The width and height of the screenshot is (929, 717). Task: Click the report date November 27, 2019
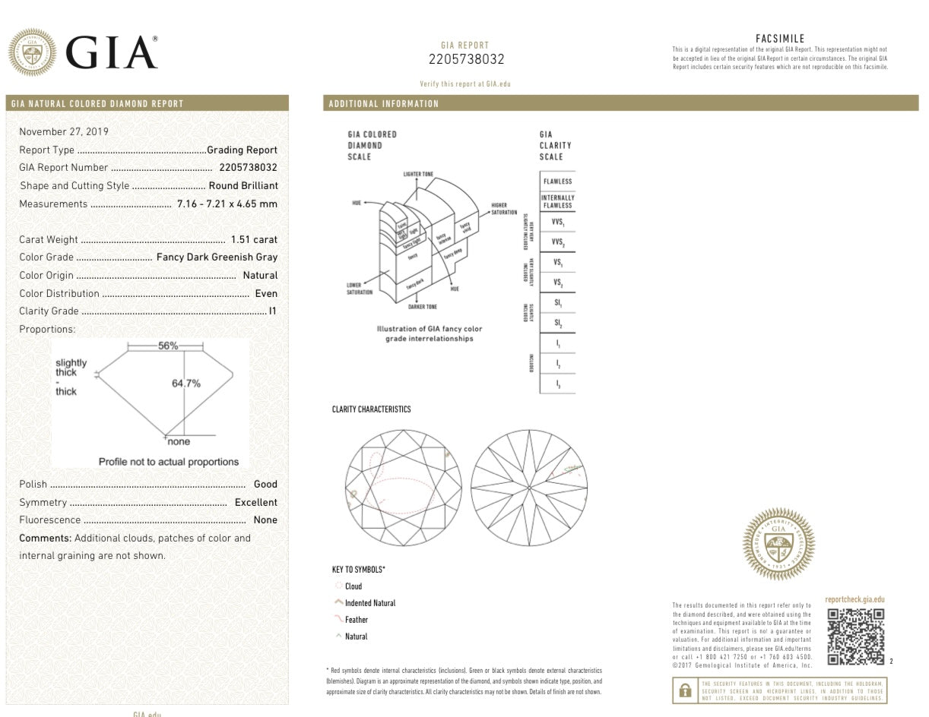(x=64, y=131)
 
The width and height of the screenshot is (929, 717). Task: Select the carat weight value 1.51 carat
(x=254, y=239)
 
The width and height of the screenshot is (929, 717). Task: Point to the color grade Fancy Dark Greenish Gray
(x=217, y=257)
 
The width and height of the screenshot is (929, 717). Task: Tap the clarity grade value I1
(x=273, y=311)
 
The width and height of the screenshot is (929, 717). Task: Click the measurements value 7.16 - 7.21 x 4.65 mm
(x=227, y=204)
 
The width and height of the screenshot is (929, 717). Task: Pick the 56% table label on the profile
(x=168, y=346)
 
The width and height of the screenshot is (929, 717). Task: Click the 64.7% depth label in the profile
(x=186, y=384)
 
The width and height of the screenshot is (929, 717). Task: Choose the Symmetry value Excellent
(x=255, y=502)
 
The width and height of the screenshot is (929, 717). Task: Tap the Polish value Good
(x=265, y=484)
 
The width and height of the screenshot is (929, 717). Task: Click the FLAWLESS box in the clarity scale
(x=557, y=182)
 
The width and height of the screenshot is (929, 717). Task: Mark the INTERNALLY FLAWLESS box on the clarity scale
(x=557, y=201)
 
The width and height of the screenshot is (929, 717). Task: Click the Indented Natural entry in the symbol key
(x=370, y=603)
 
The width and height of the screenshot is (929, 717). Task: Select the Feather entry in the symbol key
(x=356, y=620)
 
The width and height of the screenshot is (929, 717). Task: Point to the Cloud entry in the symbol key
(x=354, y=586)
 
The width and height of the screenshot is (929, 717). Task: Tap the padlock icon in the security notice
(x=686, y=690)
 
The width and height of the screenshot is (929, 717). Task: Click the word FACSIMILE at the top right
(x=780, y=39)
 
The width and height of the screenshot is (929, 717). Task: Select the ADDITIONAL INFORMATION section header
(x=383, y=104)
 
